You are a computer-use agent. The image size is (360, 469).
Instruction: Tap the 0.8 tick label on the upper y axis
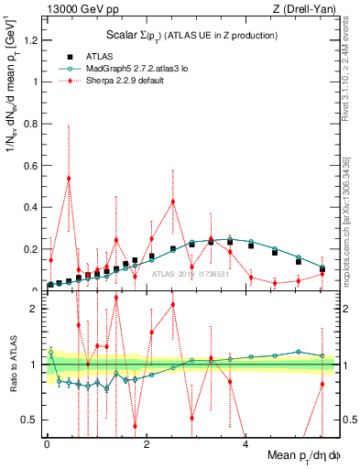tap(32, 123)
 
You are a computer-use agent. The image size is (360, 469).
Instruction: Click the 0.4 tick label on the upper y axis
tap(32, 207)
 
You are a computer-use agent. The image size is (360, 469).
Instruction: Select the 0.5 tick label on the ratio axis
tap(32, 420)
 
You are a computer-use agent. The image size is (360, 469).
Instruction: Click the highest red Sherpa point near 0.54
tap(69, 178)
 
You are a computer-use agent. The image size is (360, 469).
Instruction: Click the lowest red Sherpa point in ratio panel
tap(136, 425)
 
